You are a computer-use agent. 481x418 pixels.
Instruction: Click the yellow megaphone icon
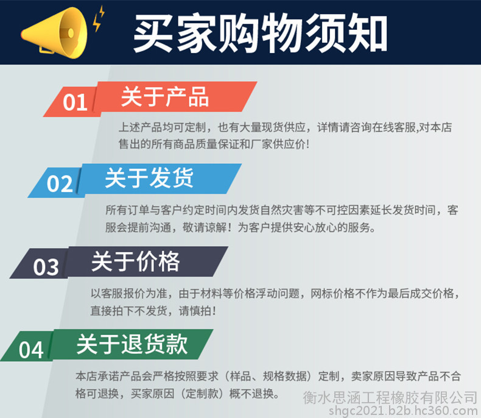tap(55, 33)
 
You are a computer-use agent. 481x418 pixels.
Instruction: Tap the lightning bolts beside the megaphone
tap(99, 18)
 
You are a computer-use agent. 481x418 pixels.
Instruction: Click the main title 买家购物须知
tap(260, 33)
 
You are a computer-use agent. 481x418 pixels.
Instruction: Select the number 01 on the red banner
tap(75, 102)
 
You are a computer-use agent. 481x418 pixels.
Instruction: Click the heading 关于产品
tap(165, 97)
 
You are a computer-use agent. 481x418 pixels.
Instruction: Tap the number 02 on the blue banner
tap(60, 184)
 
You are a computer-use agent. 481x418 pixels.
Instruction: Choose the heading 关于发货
tap(149, 178)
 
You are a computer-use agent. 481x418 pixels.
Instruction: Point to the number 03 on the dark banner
tap(46, 267)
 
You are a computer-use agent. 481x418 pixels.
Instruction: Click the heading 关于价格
tap(135, 261)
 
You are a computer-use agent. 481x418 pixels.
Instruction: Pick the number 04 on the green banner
tap(31, 350)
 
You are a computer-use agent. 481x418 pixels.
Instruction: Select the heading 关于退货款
tap(132, 344)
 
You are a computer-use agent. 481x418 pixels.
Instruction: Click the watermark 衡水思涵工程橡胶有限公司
tap(390, 398)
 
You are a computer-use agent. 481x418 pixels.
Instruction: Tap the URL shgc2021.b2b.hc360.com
tap(403, 411)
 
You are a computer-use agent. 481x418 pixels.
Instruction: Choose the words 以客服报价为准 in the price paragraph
tap(129, 294)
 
